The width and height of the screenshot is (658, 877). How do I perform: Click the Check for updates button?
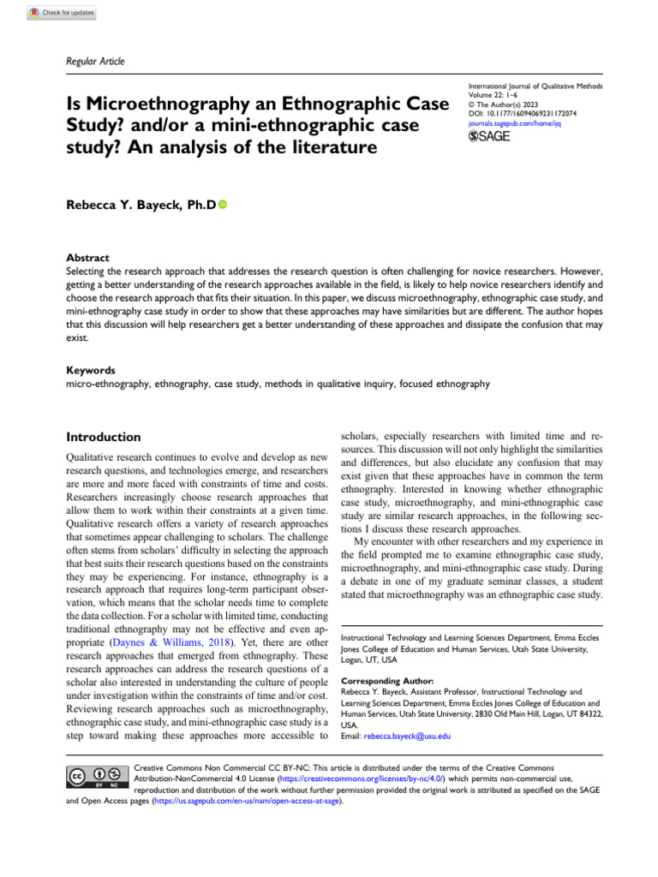(x=62, y=14)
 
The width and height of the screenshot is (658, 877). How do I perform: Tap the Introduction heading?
(x=104, y=437)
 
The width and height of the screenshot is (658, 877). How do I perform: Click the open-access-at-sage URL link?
(x=247, y=802)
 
